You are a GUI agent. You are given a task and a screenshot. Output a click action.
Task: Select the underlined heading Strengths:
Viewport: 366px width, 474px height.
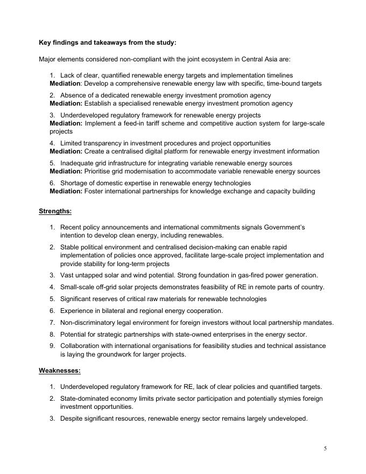pos(55,211)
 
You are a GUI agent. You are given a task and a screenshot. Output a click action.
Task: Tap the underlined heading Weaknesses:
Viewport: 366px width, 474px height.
pos(59,371)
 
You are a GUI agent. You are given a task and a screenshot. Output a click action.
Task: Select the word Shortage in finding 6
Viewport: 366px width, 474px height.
pos(75,183)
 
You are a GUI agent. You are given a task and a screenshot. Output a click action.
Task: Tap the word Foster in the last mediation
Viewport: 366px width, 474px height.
pos(95,191)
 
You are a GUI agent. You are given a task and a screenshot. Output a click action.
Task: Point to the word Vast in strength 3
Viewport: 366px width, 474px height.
pos(67,275)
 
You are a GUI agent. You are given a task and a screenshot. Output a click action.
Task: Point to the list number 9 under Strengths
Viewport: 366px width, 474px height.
pos(52,346)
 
